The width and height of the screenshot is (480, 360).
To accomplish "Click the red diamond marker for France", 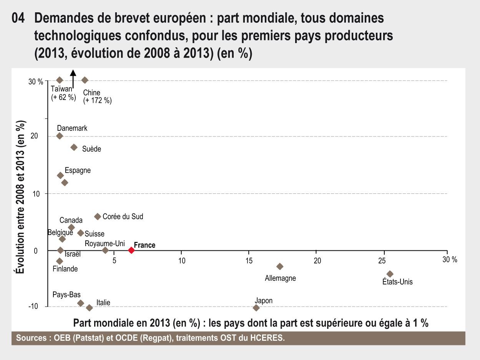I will (131, 250).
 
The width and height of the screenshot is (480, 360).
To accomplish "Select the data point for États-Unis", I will (390, 274).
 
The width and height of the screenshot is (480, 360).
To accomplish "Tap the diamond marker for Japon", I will (256, 308).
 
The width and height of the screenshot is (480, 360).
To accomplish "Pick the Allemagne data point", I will (280, 267).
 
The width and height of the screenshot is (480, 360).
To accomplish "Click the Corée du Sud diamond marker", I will (98, 217).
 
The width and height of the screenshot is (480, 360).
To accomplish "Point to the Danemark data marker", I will (60, 136).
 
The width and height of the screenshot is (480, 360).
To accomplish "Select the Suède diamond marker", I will (74, 147).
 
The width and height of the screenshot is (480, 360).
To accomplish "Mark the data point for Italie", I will (90, 308).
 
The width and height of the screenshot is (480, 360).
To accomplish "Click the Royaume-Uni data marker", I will (105, 250).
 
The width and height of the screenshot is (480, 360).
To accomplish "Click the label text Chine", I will (91, 93).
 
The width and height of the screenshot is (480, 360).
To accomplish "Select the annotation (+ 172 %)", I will (97, 101).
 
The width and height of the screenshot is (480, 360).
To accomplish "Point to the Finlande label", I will (65, 269).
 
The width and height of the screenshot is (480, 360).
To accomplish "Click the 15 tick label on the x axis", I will (249, 261).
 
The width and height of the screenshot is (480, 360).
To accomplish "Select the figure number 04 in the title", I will (18, 18).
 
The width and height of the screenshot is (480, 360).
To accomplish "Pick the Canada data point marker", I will (71, 227).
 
